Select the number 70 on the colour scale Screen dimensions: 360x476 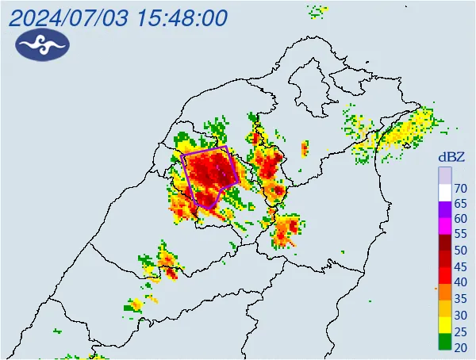point(460,188)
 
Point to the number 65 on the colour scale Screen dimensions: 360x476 point(460,204)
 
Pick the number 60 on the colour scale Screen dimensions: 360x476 point(460,219)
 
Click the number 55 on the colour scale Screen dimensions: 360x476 point(460,235)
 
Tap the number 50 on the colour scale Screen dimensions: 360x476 point(460,251)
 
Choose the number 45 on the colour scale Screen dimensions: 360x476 point(460,266)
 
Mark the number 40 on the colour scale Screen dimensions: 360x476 point(460,282)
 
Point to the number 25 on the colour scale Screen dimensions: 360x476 point(460,331)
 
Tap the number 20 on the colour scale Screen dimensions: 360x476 point(460,347)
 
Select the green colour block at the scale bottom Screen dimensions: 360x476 point(445,343)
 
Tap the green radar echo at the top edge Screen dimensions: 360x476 point(317,11)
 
